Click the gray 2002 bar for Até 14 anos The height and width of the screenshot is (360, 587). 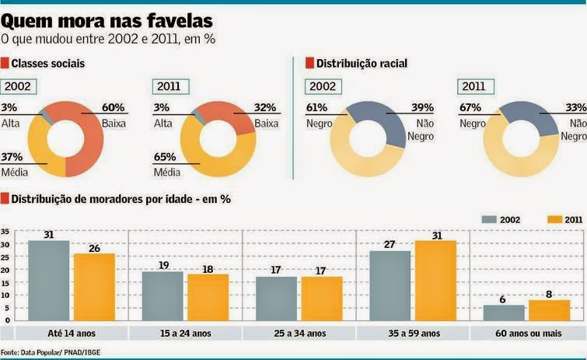click(48, 281)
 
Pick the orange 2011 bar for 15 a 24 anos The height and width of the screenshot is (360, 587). click(208, 297)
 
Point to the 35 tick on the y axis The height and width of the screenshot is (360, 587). click(5, 232)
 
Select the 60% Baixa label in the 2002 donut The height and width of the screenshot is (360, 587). click(114, 107)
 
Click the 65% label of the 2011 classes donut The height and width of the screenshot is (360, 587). click(166, 157)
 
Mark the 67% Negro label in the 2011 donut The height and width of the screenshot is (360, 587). click(471, 107)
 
